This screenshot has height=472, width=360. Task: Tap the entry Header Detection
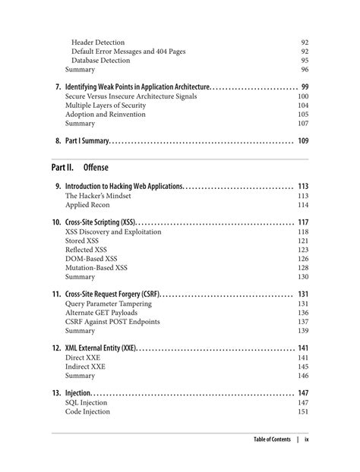(98, 42)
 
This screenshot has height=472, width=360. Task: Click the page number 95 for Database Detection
(304, 61)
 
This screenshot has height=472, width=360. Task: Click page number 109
(303, 140)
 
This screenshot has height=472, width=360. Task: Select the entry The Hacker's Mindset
(98, 195)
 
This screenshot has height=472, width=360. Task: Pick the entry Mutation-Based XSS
(96, 268)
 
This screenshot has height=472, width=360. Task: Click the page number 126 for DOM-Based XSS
(303, 259)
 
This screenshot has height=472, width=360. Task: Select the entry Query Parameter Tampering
(108, 304)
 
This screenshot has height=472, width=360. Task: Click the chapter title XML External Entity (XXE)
(100, 348)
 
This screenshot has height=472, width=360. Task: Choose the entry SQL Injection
(87, 403)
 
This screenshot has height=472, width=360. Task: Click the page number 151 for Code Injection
(303, 412)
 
